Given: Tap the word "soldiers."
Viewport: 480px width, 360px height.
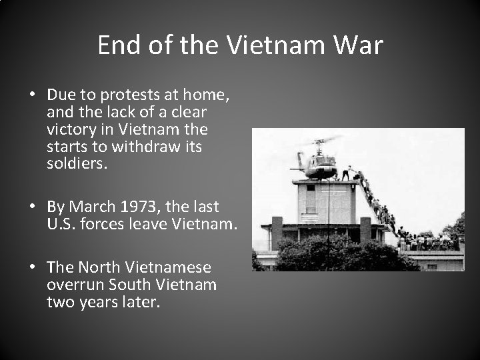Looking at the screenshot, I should point(76,162).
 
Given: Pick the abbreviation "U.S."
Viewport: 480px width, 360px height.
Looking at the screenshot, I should point(62,225).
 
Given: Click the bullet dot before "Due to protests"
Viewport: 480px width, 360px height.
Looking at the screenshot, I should point(32,95).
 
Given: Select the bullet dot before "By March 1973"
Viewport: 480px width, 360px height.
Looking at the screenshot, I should point(32,208).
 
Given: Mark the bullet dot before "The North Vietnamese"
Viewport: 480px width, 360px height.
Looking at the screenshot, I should point(32,268).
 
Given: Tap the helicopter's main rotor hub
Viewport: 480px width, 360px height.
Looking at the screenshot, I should point(321,143).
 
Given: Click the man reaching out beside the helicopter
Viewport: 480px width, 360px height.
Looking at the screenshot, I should point(345,173).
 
